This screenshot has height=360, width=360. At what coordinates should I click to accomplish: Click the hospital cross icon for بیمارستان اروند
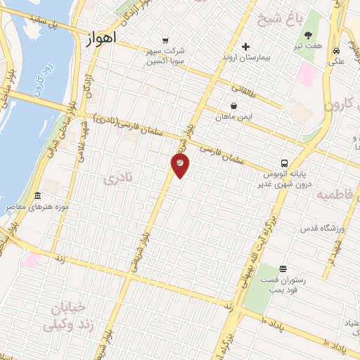coord(245,46)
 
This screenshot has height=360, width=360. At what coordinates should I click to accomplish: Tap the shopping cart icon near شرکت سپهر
coord(165,41)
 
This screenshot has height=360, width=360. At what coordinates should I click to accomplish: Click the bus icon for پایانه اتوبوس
coord(283,162)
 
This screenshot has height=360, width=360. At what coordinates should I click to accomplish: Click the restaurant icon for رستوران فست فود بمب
coord(283,269)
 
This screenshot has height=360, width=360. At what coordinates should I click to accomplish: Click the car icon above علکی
coord(337,51)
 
